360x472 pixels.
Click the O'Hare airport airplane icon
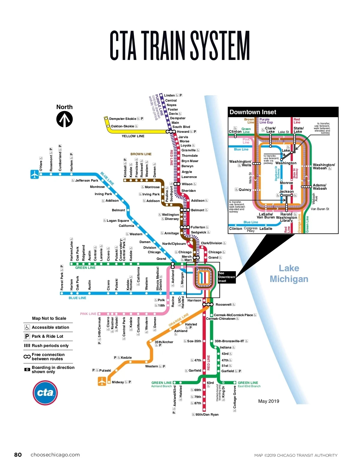(34, 174)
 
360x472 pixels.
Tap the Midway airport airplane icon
(102, 381)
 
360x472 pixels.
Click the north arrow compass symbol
(64, 119)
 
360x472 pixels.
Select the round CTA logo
(45, 393)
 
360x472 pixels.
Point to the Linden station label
(169, 95)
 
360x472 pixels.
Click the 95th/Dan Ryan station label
(207, 414)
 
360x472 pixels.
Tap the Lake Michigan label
(289, 274)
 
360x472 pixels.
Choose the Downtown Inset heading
(253, 112)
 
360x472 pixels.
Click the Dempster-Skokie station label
(123, 119)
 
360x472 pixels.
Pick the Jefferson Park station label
(86, 180)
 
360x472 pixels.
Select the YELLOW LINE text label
(133, 136)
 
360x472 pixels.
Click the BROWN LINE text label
(141, 154)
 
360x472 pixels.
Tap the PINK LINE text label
(88, 314)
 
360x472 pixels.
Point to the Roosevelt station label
(223, 304)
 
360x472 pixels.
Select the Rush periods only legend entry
(50, 346)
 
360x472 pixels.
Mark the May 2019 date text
(268, 401)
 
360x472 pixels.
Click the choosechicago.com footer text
(55, 455)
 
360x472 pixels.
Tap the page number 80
(18, 455)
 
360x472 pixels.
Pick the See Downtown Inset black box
(226, 277)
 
